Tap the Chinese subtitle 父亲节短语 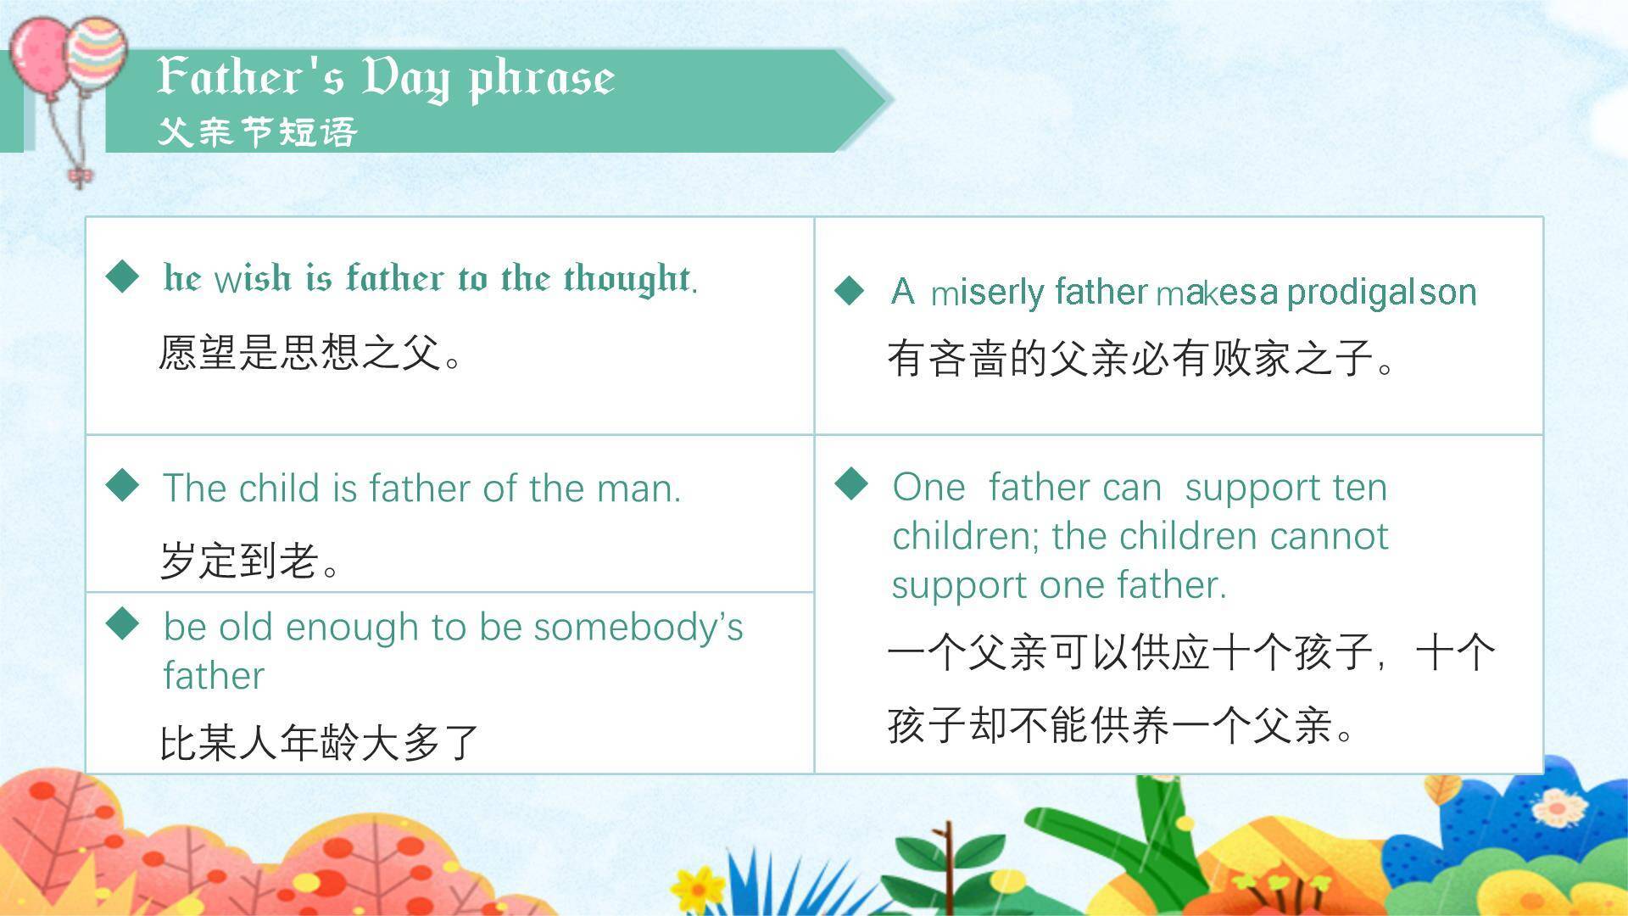[x=257, y=132]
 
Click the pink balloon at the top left [x=41, y=58]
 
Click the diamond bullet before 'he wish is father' [x=123, y=276]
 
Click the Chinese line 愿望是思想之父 [x=309, y=353]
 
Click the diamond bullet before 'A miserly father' [x=850, y=290]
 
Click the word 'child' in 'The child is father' [x=278, y=489]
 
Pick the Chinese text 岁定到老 [x=250, y=561]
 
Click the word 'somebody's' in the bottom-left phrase [x=638, y=628]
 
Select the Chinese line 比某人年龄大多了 [x=319, y=743]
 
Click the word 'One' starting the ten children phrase [x=928, y=488]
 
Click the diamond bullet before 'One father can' [x=851, y=484]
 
